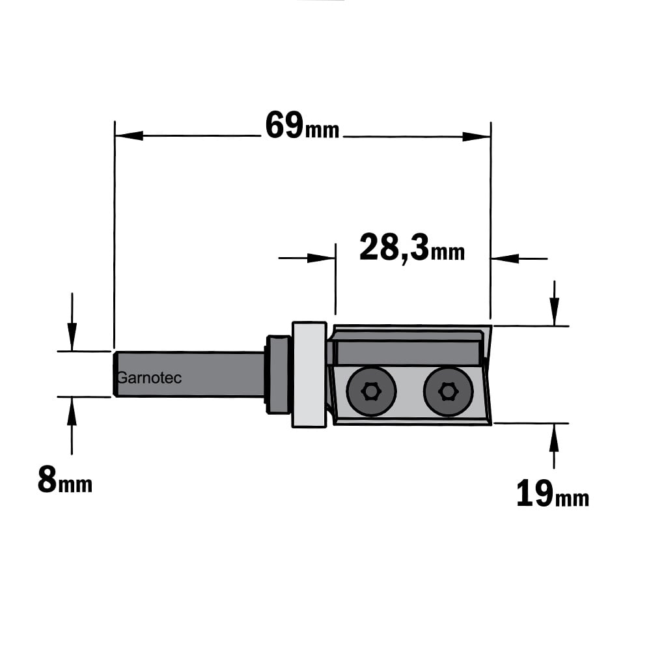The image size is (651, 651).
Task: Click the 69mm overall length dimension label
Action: (302, 126)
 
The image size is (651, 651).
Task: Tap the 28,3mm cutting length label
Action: (412, 248)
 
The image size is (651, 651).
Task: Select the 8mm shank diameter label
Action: (64, 480)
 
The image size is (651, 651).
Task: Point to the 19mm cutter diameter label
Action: (553, 493)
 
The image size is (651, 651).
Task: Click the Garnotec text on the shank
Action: (150, 378)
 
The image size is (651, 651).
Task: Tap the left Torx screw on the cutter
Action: (371, 391)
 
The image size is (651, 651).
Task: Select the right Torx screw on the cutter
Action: (448, 391)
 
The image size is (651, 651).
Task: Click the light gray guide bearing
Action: (309, 374)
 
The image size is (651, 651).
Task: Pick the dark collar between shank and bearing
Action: (277, 374)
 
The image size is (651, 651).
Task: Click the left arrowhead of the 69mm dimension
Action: (129, 135)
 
